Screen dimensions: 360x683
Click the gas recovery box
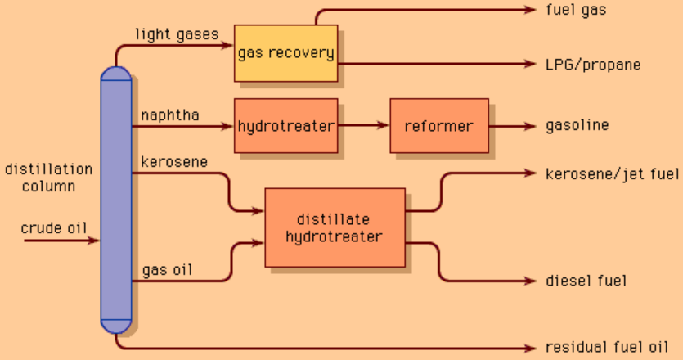click(x=285, y=53)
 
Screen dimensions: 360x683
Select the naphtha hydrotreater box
click(x=285, y=126)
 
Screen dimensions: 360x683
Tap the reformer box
click(x=438, y=126)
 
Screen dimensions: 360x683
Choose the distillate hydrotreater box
click(x=335, y=227)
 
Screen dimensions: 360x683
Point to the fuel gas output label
click(x=577, y=10)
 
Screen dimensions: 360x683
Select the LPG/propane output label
click(x=593, y=65)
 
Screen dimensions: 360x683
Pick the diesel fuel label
click(x=586, y=281)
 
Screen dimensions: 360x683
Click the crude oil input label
click(x=54, y=227)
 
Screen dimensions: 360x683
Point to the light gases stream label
click(x=177, y=34)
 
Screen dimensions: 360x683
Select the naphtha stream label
click(x=170, y=115)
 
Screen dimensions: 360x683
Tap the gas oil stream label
click(x=167, y=269)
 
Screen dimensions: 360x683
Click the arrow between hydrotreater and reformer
click(x=363, y=126)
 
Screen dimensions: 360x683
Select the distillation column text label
click(x=48, y=178)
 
